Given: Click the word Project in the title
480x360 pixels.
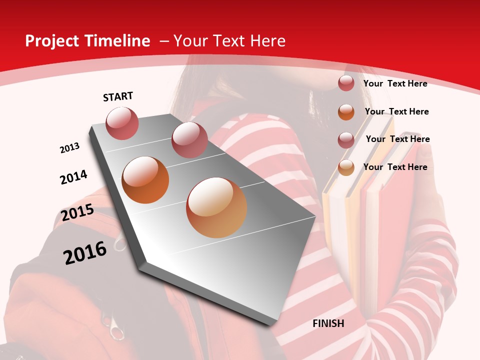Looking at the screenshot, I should [x=51, y=41].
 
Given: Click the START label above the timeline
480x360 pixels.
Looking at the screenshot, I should [x=118, y=96].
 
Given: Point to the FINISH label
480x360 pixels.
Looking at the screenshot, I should [x=328, y=323].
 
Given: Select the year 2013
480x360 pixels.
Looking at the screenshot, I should [x=69, y=148].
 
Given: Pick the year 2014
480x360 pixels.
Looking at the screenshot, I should [x=73, y=177].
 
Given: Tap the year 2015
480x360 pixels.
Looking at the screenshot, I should [x=77, y=212].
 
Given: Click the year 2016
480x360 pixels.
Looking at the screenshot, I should [x=85, y=252].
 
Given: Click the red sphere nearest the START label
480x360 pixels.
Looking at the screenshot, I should [x=122, y=123].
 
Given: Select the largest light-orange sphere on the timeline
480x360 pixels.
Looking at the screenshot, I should [x=216, y=207].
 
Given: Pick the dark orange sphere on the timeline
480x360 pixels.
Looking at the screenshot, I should [x=145, y=180].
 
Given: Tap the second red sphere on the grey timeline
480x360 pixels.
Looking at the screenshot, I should [x=189, y=140].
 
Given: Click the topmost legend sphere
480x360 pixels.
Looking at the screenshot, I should [x=346, y=83].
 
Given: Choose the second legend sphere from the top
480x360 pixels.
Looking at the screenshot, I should [x=346, y=112].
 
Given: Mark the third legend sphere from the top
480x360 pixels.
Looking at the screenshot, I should [x=346, y=140].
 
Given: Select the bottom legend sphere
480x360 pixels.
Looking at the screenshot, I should [x=346, y=168].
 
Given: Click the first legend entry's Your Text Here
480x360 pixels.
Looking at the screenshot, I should [x=395, y=83].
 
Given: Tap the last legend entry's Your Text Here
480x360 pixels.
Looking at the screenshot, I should [x=395, y=167].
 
